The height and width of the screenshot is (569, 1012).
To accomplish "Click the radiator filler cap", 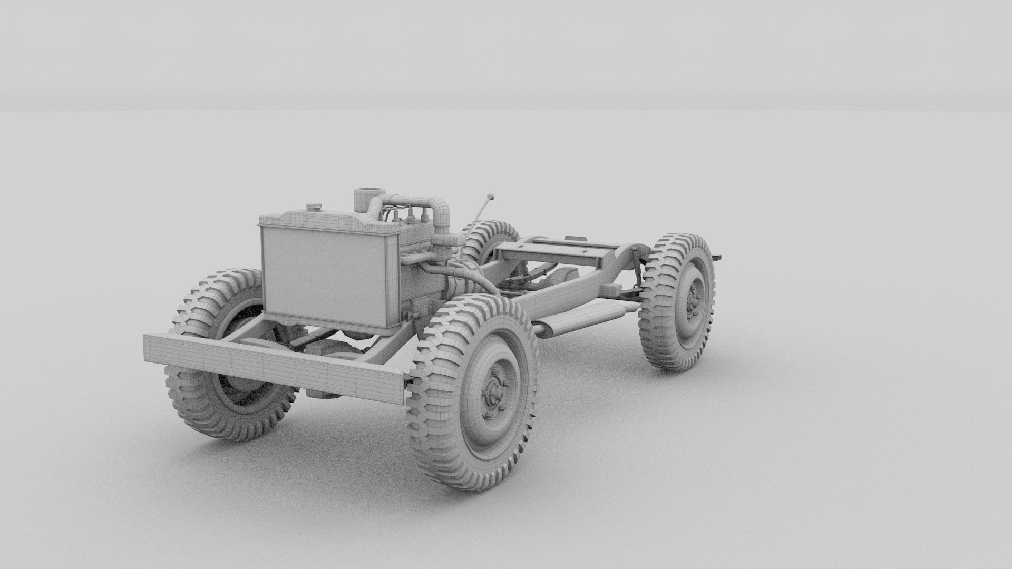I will point(315,207).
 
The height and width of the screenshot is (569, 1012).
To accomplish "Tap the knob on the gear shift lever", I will point(491,197).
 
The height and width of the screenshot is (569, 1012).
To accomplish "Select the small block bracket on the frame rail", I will point(611,290).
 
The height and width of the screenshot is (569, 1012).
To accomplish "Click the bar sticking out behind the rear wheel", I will point(717,257).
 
